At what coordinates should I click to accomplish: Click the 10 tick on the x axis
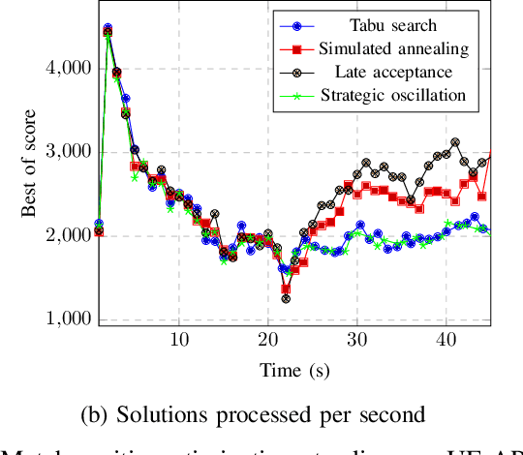click(179, 342)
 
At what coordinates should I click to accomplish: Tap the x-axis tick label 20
click(268, 342)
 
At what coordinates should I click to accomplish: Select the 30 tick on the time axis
click(357, 342)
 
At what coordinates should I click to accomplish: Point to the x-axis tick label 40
click(446, 342)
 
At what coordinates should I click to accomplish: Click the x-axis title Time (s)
click(294, 369)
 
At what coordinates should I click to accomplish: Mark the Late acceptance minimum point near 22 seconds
click(286, 299)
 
